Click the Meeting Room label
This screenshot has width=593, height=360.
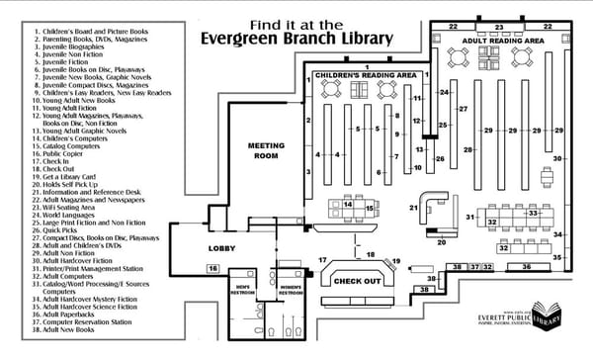point(266,149)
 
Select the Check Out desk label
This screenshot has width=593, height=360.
point(357,281)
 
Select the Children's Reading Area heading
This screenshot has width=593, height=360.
point(365,74)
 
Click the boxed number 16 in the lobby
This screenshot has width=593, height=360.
point(212,268)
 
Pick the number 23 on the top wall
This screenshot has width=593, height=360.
point(500,26)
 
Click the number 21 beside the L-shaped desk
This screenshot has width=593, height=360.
point(414,208)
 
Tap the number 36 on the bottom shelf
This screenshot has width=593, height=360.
point(526,267)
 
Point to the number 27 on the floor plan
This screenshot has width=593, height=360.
point(463,109)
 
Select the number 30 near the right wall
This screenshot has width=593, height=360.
point(557,158)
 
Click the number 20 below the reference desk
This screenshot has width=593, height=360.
point(442,240)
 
